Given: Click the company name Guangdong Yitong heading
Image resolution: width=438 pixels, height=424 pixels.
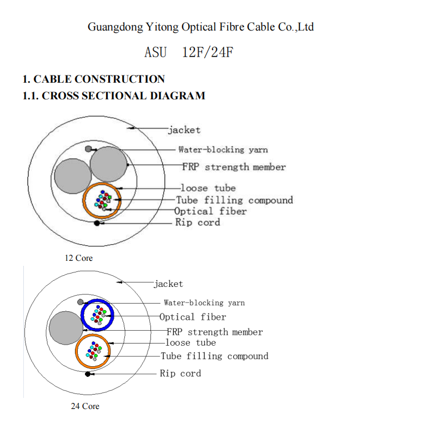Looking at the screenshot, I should (200, 27).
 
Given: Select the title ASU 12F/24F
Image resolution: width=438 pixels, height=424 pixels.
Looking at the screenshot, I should (188, 53).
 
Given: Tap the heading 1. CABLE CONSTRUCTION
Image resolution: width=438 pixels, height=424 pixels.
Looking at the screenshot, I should (93, 79).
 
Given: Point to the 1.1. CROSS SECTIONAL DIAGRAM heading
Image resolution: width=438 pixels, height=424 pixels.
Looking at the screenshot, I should (113, 95).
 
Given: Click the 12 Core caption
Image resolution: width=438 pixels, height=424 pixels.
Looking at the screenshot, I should (79, 258).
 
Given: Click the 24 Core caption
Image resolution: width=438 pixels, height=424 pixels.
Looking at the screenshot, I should (85, 406).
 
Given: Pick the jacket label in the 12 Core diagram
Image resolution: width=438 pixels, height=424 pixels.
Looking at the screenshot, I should (184, 130).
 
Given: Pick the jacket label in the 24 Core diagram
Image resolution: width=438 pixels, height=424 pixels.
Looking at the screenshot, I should (168, 284).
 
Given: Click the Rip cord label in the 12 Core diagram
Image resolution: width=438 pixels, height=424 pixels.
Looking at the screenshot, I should (198, 223).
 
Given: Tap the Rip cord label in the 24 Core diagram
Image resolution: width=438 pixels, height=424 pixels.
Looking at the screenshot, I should (180, 373).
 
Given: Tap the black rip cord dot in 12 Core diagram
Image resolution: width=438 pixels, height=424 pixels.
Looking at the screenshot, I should (97, 223).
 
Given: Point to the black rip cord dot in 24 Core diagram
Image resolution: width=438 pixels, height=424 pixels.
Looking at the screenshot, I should (88, 375).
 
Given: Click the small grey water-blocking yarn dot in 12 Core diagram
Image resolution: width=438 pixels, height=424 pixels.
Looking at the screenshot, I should (88, 149).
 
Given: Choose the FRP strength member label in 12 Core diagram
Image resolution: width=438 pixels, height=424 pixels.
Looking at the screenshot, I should (234, 167).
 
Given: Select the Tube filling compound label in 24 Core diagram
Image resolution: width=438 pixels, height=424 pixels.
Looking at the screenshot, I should (214, 356).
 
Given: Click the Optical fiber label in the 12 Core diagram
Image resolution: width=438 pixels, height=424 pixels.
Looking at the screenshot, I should (210, 211).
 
